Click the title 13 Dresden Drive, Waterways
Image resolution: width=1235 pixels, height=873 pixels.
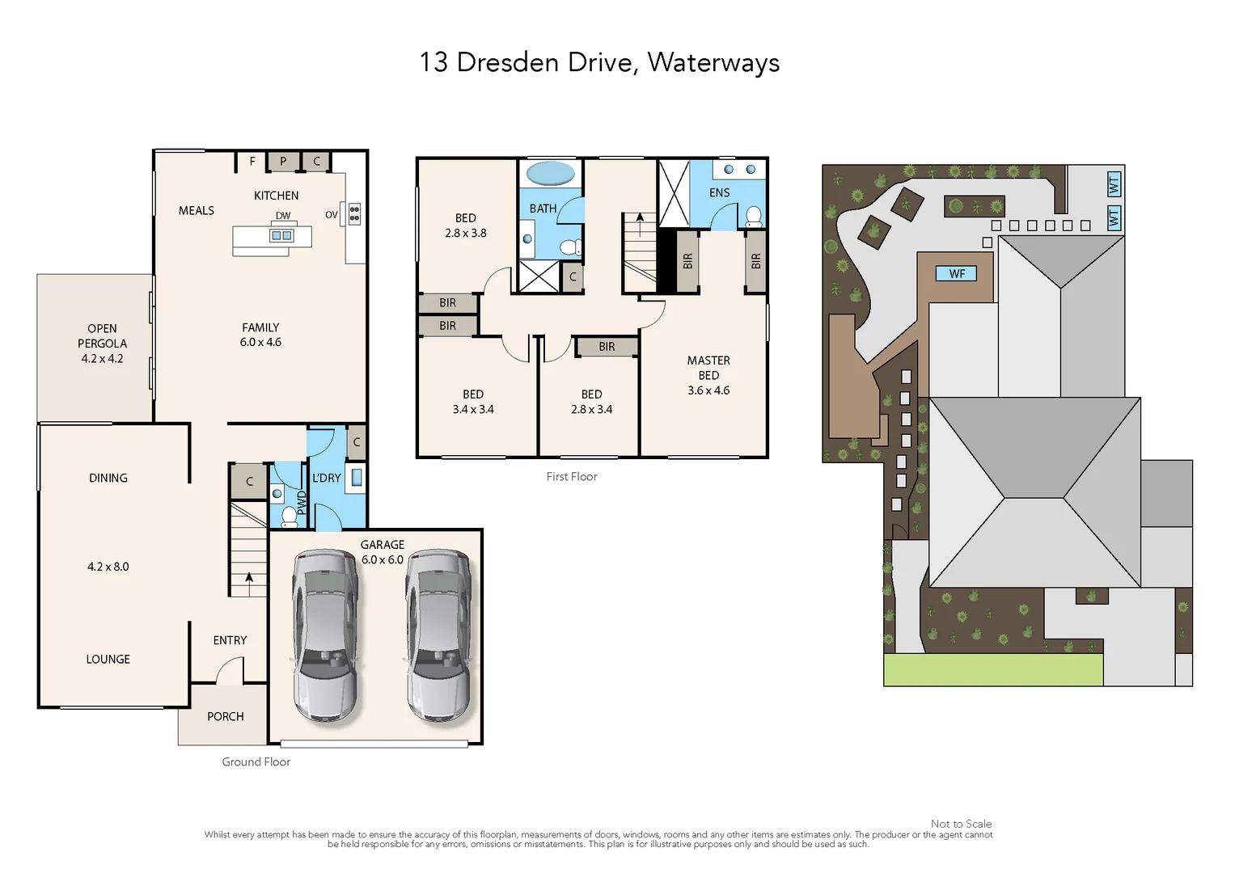599,62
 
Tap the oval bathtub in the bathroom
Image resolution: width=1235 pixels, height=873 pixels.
550,173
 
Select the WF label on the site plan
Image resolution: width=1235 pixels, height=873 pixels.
957,273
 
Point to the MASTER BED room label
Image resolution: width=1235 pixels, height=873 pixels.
708,368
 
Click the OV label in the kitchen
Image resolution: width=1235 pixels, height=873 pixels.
332,215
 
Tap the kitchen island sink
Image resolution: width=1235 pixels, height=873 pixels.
281,236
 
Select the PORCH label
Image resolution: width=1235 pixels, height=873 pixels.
226,716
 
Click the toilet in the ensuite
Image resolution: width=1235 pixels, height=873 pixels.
754,217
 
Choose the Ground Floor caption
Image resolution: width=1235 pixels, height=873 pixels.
256,761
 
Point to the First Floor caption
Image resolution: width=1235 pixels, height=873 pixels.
572,477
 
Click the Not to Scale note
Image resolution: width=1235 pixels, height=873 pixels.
961,824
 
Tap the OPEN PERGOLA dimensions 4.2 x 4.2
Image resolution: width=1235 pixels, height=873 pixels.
102,358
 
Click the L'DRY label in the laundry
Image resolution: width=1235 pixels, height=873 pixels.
327,478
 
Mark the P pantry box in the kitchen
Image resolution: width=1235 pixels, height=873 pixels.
283,161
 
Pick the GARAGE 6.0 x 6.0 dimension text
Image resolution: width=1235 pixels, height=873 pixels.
383,559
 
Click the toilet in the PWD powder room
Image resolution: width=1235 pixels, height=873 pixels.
289,517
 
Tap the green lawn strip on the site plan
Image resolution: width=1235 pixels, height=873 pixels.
993,669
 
